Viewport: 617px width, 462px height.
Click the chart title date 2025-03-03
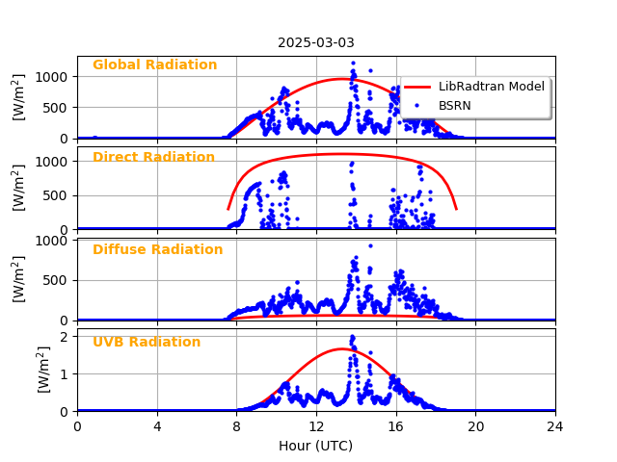click(x=316, y=42)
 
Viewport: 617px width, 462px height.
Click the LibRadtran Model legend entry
click(x=491, y=87)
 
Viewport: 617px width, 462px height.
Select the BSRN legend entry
click(x=454, y=105)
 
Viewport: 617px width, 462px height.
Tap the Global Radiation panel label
click(x=154, y=65)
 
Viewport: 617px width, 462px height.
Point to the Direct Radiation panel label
click(x=153, y=158)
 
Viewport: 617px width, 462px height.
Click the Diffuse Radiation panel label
click(x=157, y=250)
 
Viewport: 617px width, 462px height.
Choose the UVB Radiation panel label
click(x=147, y=343)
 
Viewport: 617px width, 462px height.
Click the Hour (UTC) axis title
click(x=316, y=446)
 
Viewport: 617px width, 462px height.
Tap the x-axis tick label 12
click(x=316, y=426)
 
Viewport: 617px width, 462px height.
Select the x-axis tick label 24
click(x=555, y=426)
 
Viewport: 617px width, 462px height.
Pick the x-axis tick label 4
click(x=157, y=426)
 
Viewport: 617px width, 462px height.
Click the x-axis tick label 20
click(x=475, y=426)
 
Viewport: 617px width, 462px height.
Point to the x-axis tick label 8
click(x=237, y=426)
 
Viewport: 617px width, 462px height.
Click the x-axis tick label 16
click(x=396, y=426)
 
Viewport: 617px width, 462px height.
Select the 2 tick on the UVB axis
click(x=66, y=336)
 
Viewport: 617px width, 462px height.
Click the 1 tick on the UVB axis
click(x=66, y=373)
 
